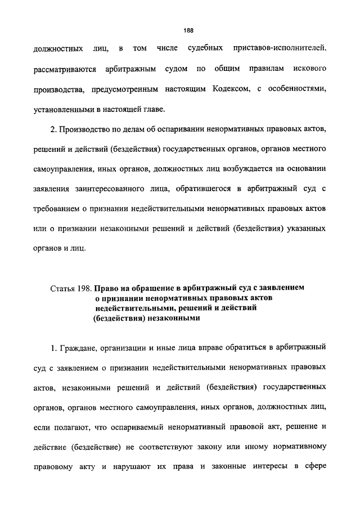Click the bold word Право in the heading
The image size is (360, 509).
coord(107,289)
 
